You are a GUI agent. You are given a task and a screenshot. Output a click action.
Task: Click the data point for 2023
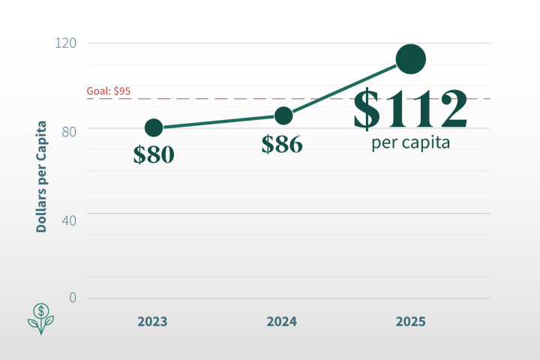coord(154,127)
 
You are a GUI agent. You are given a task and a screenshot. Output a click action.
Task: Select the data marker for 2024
coord(283,115)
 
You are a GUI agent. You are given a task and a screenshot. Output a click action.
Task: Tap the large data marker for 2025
coord(411,59)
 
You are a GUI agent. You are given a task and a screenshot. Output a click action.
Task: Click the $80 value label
coord(154,154)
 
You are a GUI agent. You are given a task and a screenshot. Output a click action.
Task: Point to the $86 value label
coord(282,144)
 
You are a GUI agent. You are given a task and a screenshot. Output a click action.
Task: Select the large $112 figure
coord(410,109)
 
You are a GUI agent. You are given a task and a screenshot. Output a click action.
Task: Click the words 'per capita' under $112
coord(410,142)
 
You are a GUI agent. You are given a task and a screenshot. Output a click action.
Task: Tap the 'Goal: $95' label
coord(109,91)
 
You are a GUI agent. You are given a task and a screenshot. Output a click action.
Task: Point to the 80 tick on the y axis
coord(69,128)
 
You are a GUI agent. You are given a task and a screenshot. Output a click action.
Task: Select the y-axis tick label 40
coord(69,214)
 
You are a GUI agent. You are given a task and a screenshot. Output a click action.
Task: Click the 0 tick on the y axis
coord(73,298)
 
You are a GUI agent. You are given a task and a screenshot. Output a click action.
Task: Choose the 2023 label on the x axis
coord(152,322)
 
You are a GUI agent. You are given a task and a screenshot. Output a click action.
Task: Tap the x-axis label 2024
coord(282,322)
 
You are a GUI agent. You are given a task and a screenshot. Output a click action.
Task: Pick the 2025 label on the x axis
coord(410,322)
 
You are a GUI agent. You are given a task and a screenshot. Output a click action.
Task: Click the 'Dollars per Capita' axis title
coord(42,176)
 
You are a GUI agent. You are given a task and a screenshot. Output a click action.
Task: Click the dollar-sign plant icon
coord(42,318)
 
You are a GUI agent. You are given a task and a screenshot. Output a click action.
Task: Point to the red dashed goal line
coord(225,98)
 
